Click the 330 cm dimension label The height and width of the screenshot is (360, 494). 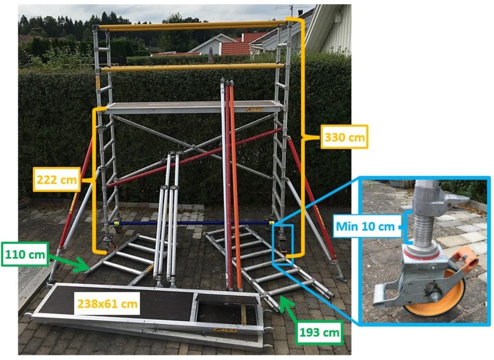(x=344, y=136)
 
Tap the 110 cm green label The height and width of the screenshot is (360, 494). (x=26, y=254)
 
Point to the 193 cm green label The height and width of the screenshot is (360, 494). (x=320, y=333)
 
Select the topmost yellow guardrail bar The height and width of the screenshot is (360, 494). (x=192, y=25)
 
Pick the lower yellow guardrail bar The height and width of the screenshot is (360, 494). (x=192, y=68)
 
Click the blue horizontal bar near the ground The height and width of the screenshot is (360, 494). (x=192, y=223)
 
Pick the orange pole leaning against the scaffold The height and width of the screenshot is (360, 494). (x=235, y=183)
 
